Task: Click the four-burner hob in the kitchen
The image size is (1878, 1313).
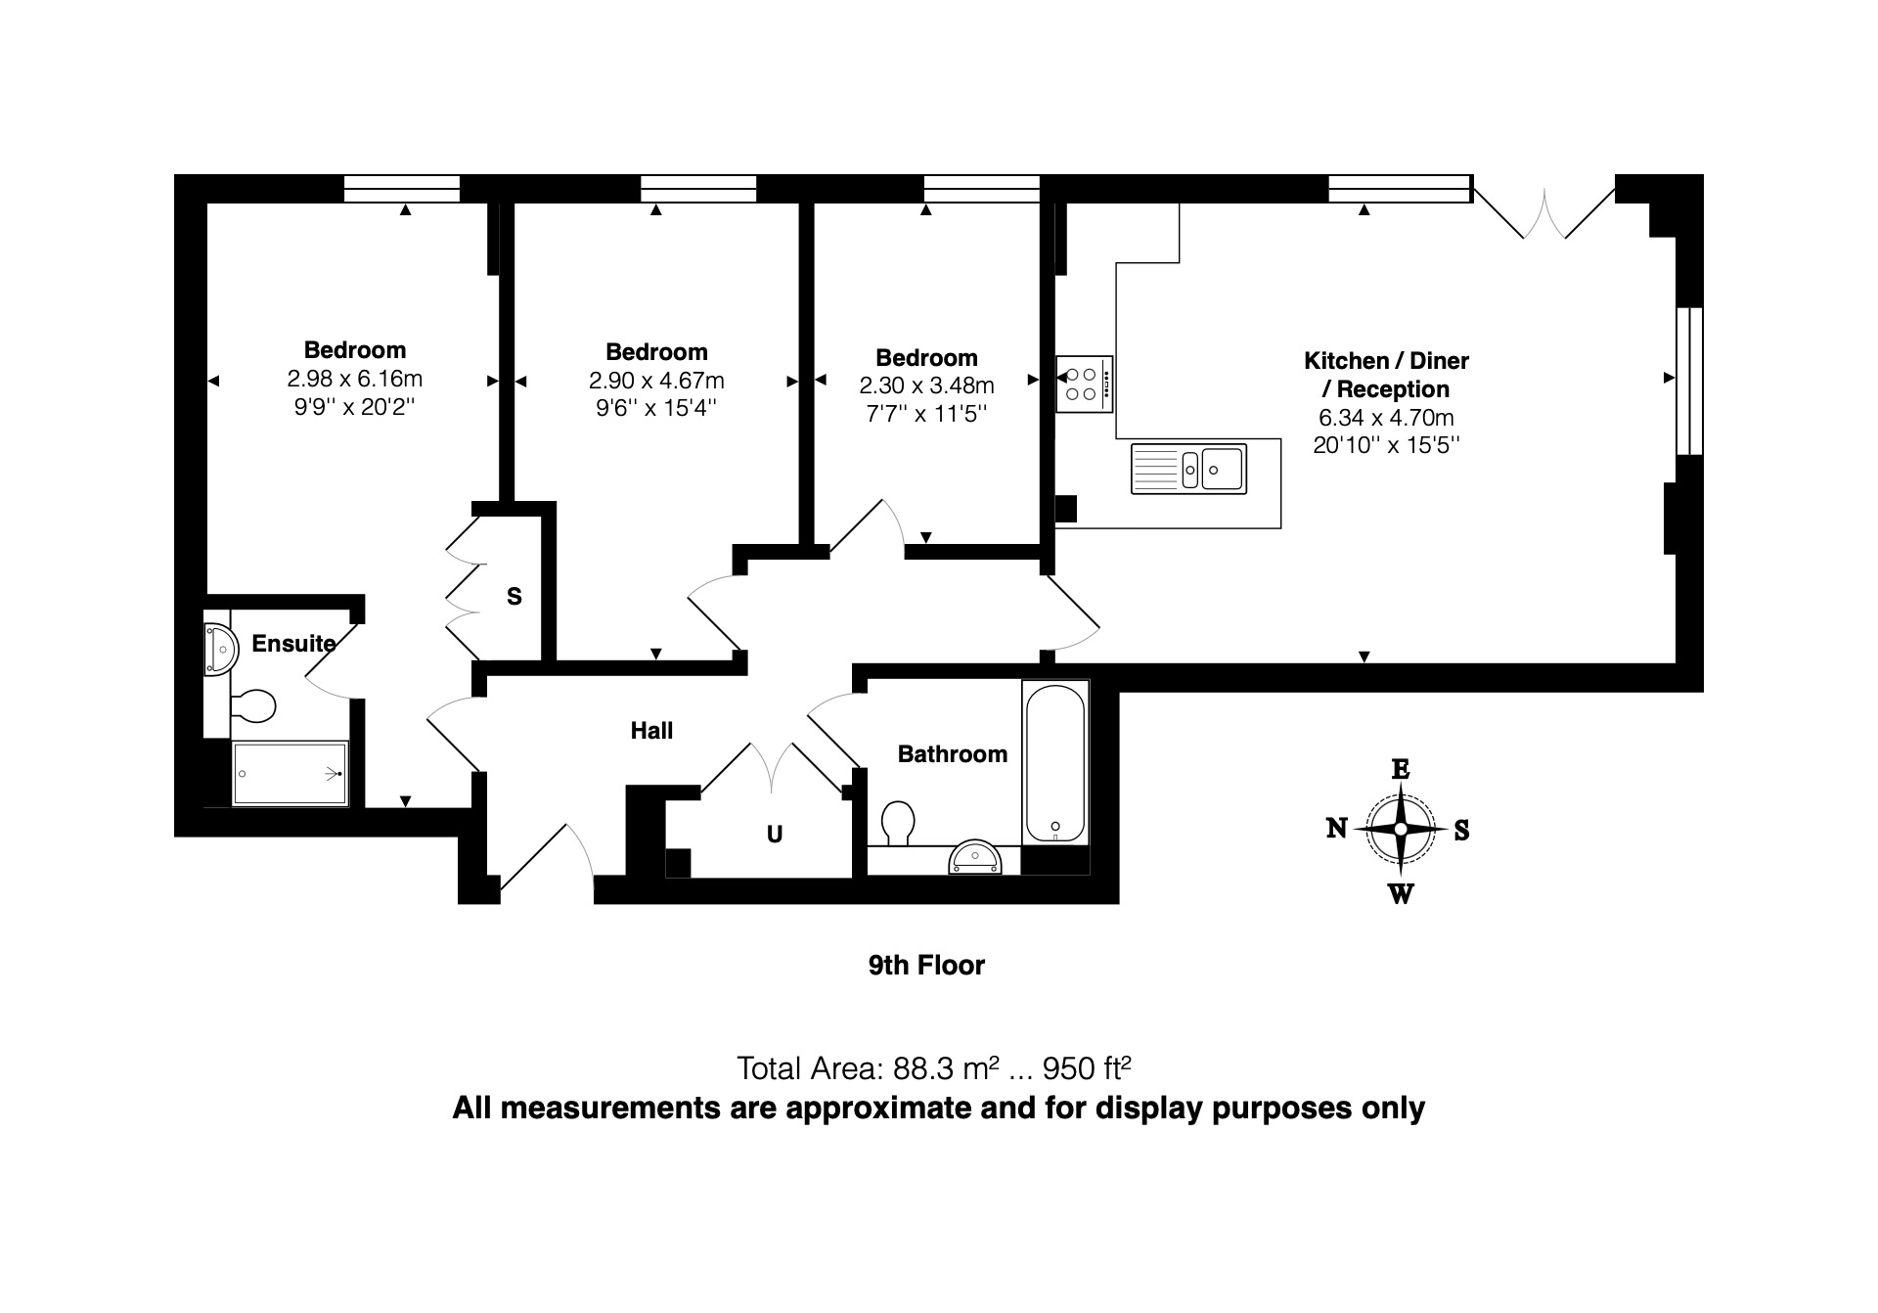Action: [1085, 384]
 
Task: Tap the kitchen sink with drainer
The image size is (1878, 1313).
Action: [1188, 469]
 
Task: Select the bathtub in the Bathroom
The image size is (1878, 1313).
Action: [1055, 762]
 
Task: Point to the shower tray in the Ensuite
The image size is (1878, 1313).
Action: [291, 774]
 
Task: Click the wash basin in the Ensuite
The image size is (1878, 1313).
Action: [220, 649]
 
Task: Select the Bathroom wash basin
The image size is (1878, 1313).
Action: [975, 857]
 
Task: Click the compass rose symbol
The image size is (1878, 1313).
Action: [1400, 830]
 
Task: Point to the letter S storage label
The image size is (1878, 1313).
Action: [514, 597]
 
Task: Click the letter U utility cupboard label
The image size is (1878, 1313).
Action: [775, 835]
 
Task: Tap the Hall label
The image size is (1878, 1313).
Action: [651, 731]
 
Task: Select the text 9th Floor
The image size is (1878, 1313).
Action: [926, 966]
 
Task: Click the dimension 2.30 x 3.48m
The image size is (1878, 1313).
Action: [926, 385]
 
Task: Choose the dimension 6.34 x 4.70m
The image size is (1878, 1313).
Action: [1386, 418]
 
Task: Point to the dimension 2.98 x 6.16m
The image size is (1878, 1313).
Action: [354, 379]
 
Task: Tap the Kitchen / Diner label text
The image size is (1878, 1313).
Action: [1386, 361]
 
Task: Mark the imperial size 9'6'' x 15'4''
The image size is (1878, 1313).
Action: [656, 408]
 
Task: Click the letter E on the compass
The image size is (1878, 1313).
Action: [1400, 769]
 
